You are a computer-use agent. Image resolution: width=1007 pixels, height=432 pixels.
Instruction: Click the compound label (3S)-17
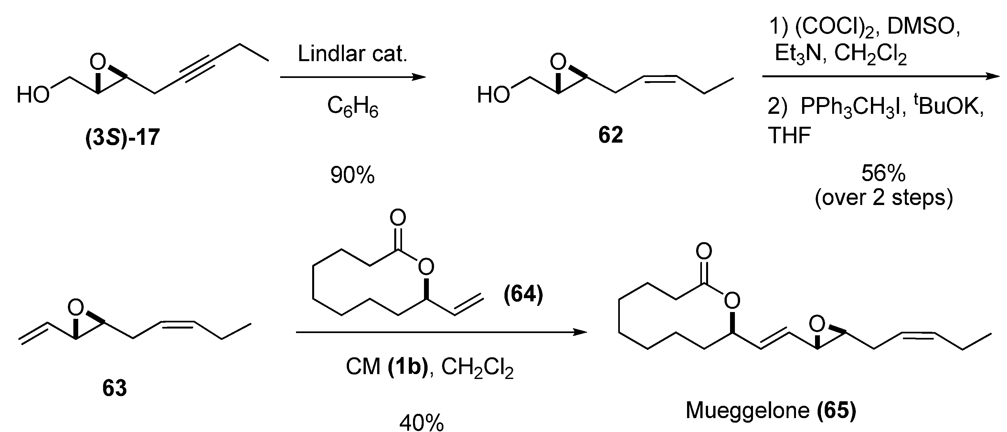point(122,137)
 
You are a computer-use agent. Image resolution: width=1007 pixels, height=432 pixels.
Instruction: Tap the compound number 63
point(114,388)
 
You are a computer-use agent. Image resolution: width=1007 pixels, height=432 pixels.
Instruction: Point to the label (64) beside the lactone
point(523,294)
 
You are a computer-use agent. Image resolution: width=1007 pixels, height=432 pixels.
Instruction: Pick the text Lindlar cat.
point(352,54)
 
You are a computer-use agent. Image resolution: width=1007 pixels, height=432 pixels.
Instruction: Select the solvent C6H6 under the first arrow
point(353,106)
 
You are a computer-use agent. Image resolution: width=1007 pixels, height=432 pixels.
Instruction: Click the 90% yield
point(352,175)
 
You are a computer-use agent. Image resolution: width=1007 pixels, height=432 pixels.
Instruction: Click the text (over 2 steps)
point(884,198)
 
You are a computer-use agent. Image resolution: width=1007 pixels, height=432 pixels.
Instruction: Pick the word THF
point(789,136)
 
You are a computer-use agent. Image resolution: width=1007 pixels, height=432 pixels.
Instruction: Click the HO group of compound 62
point(493,95)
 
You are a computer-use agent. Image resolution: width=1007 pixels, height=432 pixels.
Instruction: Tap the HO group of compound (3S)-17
point(33,95)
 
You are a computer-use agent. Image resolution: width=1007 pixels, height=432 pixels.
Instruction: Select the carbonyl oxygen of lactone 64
point(397,218)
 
